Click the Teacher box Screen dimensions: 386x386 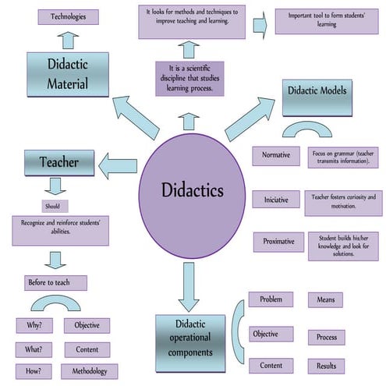point(60,162)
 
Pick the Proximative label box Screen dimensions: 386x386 point(278,242)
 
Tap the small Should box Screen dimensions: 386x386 point(52,207)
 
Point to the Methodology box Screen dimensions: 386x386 point(89,371)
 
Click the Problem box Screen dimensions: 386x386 point(271,299)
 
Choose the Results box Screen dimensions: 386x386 point(326,366)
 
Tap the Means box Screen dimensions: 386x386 point(325,299)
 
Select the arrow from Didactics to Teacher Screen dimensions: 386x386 point(118,165)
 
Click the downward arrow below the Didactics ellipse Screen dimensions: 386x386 point(188,286)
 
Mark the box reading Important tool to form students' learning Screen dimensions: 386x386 point(327,22)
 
